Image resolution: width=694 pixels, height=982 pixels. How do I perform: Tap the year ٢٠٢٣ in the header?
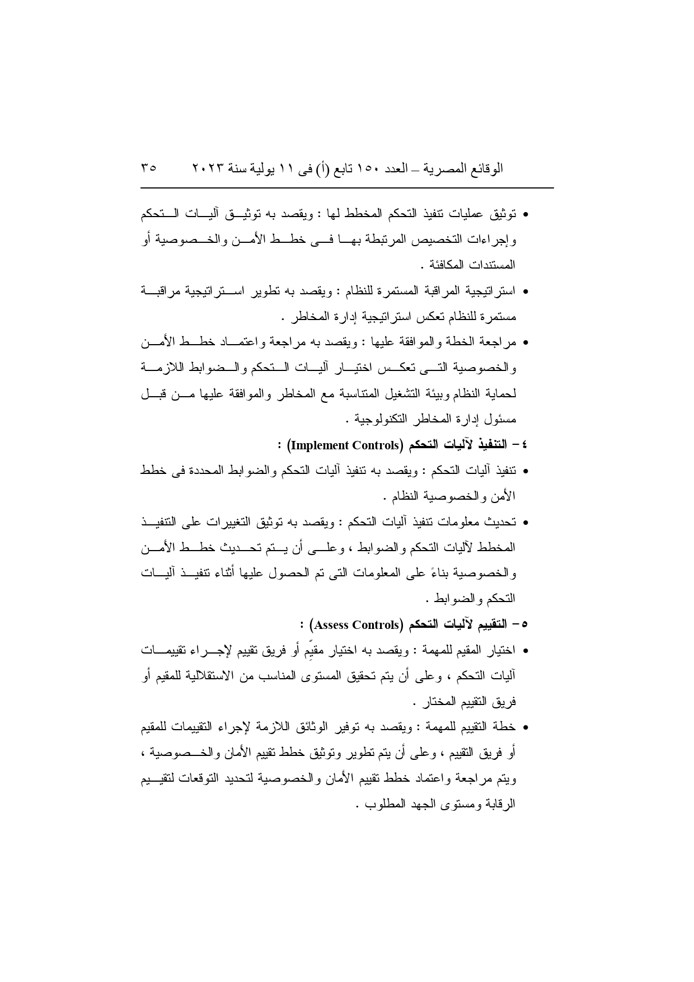208,167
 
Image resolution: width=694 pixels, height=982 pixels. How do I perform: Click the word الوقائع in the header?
485,167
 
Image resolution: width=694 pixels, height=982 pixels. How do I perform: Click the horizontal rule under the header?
347,188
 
